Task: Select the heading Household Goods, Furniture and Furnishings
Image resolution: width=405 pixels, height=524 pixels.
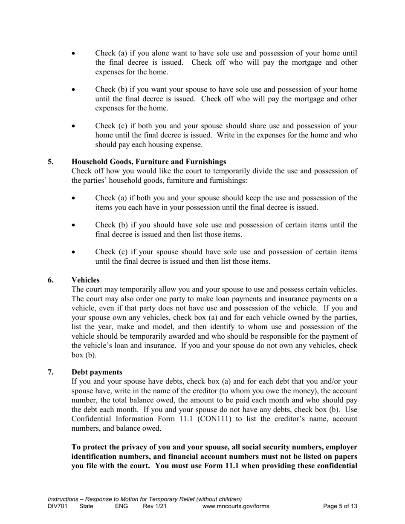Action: pyautogui.click(x=149, y=162)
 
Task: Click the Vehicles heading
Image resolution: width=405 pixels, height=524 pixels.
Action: pyautogui.click(x=85, y=280)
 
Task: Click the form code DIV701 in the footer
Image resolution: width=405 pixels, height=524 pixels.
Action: pyautogui.click(x=58, y=507)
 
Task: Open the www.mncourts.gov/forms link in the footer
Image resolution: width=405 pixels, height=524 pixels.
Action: pyautogui.click(x=236, y=507)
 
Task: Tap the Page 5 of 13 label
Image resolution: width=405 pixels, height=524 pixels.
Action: pyautogui.click(x=340, y=507)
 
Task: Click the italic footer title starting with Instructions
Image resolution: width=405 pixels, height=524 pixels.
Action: pyautogui.click(x=145, y=499)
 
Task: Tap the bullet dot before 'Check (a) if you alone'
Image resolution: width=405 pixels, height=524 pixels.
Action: pyautogui.click(x=75, y=54)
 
